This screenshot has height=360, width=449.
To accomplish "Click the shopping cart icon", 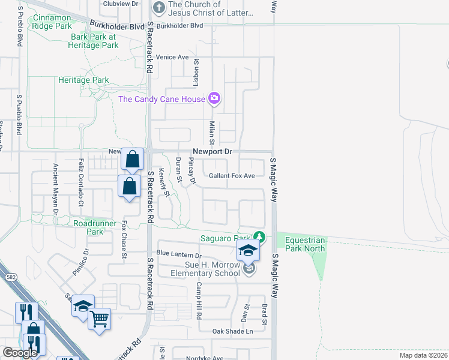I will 99,318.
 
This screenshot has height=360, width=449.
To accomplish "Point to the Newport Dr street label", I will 212,152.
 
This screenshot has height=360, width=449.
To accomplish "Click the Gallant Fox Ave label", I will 232,176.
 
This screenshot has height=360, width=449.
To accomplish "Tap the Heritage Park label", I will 83,80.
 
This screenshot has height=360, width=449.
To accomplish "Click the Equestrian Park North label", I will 305,244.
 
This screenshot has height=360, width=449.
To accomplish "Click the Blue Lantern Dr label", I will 179,253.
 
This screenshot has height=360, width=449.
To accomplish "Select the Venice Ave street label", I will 172,57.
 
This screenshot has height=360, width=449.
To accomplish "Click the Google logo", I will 20,353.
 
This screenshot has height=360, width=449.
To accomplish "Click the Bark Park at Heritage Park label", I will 93,40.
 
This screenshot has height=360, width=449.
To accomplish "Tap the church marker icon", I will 159,8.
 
